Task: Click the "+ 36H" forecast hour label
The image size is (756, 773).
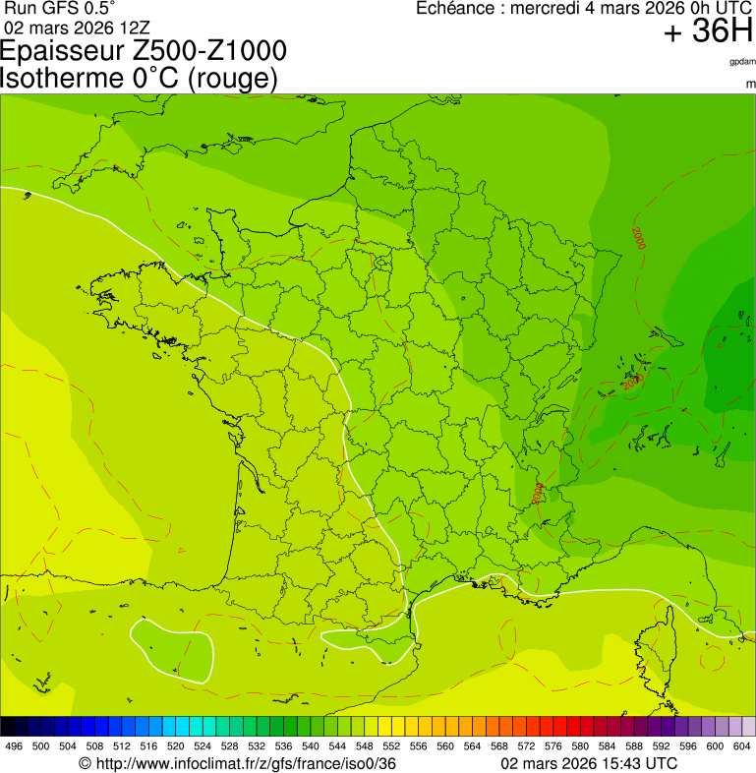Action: (708, 32)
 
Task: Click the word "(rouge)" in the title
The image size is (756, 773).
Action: (232, 78)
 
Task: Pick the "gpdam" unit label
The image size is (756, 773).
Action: (742, 62)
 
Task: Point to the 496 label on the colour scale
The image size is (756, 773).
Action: (14, 746)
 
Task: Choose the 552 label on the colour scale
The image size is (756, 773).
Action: (391, 746)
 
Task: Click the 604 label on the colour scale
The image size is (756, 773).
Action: (742, 746)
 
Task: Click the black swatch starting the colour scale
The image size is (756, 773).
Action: (8, 727)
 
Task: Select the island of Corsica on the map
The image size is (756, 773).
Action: (657, 644)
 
